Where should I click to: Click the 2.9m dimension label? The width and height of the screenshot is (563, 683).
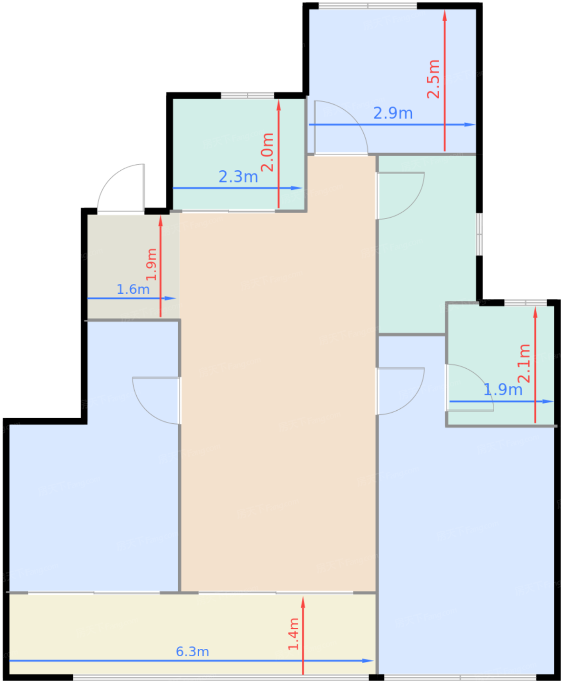coord(393,113)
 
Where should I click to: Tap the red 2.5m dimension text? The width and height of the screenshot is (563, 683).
coord(433,79)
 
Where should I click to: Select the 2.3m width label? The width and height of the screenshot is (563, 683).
coord(238,177)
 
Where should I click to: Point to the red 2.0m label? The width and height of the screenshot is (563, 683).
coord(267,152)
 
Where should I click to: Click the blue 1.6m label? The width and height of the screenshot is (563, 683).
coord(133,289)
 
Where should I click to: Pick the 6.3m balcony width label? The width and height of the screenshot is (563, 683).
coord(192,652)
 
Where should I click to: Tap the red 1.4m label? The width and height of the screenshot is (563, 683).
coord(293,634)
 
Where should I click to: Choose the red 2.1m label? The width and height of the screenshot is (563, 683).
coord(524,363)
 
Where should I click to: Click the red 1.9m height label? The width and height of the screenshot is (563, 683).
coord(151,264)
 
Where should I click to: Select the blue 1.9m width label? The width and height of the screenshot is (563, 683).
coord(503,390)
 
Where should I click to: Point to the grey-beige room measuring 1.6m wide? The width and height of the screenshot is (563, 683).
coord(133,265)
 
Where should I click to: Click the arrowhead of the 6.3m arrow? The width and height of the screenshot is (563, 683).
coord(368,661)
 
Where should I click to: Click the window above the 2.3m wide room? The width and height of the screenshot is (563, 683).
coord(248,95)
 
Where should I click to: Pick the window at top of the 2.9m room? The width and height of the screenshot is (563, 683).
coord(368,5)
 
